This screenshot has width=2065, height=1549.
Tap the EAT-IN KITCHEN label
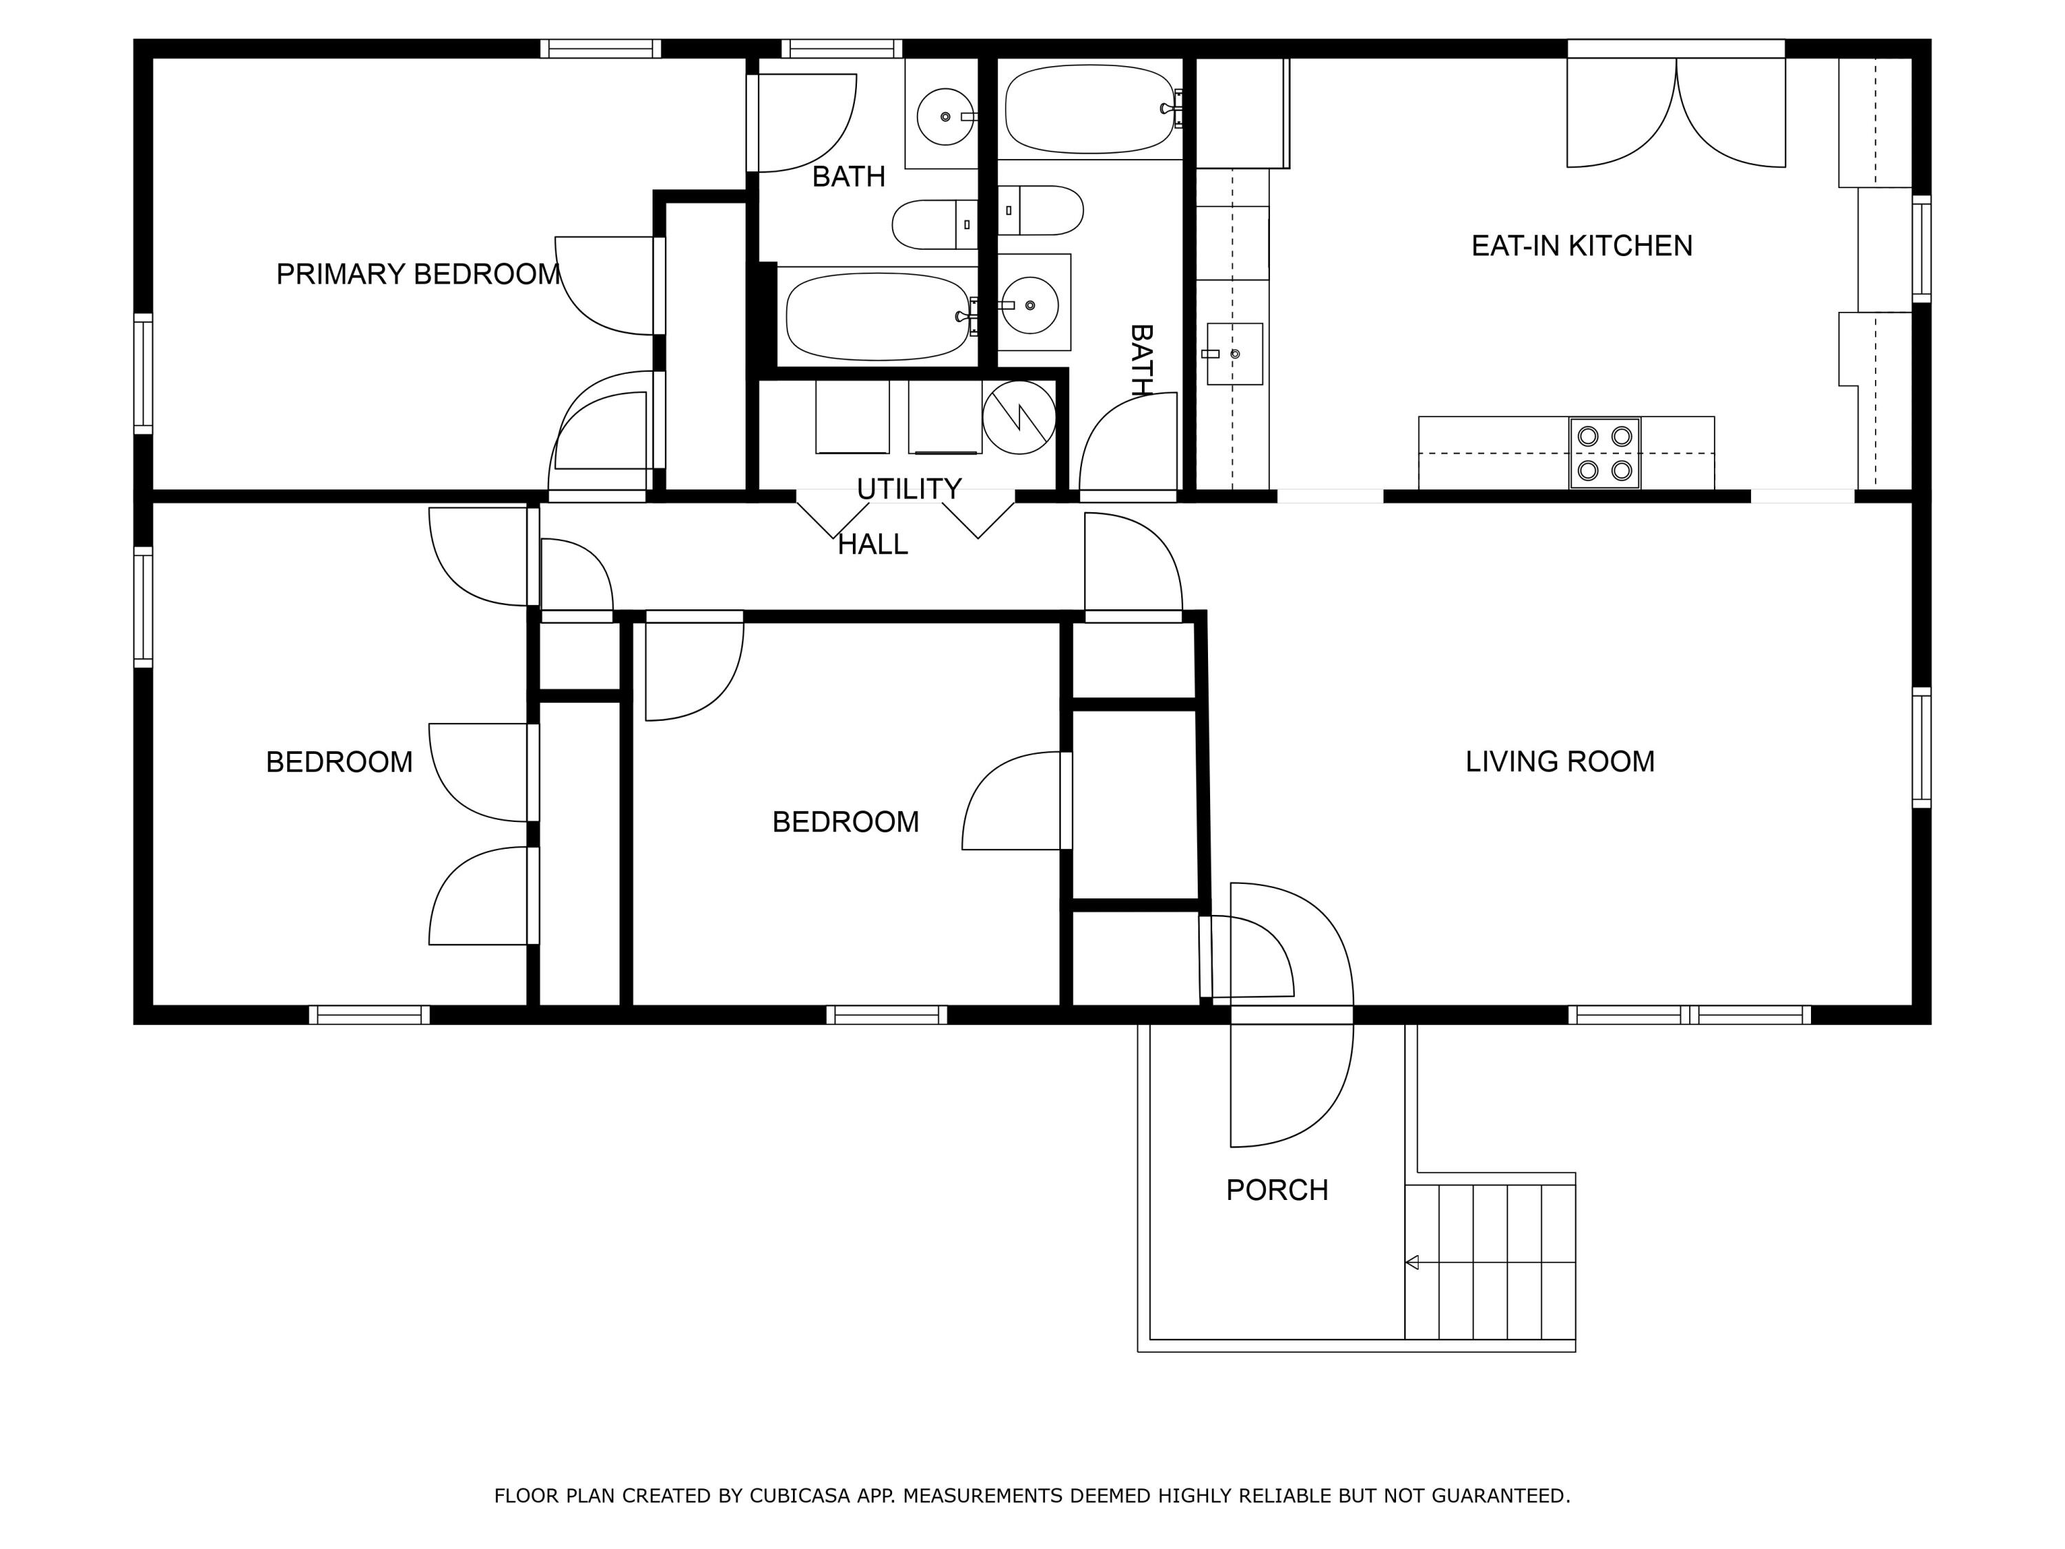click(x=1581, y=246)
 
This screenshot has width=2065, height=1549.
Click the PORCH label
click(x=1276, y=1190)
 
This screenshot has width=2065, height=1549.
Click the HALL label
click(x=872, y=545)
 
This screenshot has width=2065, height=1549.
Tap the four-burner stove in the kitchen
click(x=1604, y=453)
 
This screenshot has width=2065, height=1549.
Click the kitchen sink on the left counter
click(x=1234, y=354)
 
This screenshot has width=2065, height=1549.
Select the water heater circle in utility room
click(x=1019, y=417)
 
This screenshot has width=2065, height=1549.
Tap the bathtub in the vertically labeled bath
click(x=1088, y=109)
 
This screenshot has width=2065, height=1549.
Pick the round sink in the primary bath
click(x=946, y=117)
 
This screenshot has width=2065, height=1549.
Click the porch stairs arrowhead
click(x=1412, y=1263)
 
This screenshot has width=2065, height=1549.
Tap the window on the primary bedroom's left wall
click(x=143, y=373)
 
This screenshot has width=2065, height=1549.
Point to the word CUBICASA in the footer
click(x=799, y=1496)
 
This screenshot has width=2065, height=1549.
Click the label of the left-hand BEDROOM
click(x=339, y=763)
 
